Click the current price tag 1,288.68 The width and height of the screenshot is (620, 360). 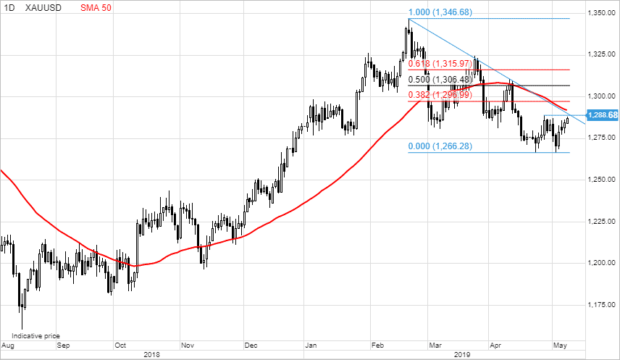coord(603,115)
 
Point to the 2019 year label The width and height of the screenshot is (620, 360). coord(462,355)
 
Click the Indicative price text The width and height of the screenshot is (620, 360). coord(35,336)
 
